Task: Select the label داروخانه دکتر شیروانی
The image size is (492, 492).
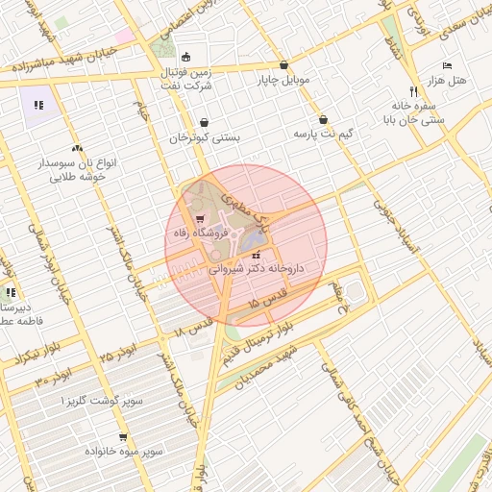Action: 256,270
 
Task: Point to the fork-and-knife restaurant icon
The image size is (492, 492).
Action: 413,91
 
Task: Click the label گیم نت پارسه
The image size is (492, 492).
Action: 323,133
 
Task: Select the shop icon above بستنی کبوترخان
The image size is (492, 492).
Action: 205,123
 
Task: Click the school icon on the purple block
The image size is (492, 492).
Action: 38,105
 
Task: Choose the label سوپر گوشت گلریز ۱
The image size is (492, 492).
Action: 95,398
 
